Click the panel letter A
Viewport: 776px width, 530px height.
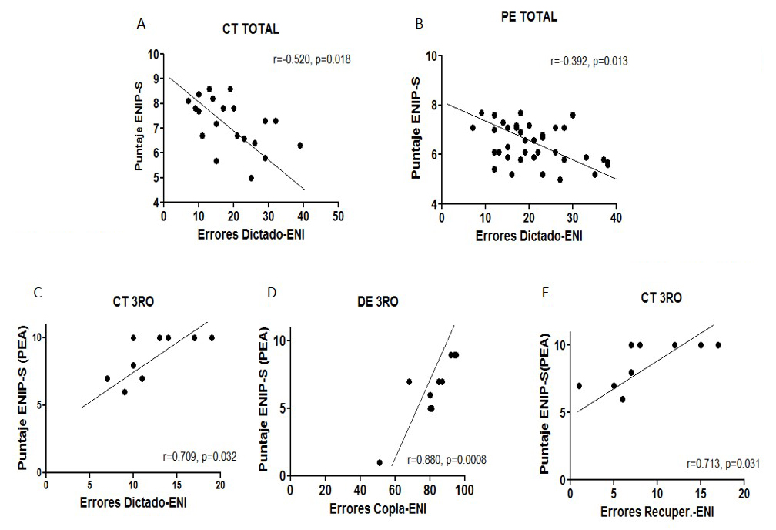tap(141, 24)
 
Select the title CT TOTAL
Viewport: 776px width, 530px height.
tap(245, 30)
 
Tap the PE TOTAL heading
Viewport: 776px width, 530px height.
tap(528, 16)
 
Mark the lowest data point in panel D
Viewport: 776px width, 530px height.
tap(380, 462)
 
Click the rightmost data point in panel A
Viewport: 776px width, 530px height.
tap(299, 145)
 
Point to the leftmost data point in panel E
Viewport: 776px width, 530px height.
tap(578, 386)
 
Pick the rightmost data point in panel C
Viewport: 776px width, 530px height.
tap(212, 337)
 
